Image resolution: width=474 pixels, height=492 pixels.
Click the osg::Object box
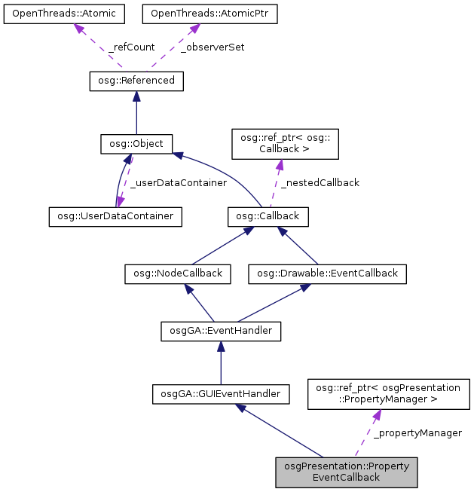tap(136, 142)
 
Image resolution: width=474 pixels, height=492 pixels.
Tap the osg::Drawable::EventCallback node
tap(328, 273)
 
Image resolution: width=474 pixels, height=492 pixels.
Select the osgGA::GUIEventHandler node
tap(221, 393)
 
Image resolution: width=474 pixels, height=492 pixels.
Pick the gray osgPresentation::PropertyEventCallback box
tap(347, 472)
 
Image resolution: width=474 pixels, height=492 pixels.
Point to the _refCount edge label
tap(131, 47)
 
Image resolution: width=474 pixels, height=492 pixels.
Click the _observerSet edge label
tap(215, 47)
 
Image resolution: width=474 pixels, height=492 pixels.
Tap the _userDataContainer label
tap(178, 182)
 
